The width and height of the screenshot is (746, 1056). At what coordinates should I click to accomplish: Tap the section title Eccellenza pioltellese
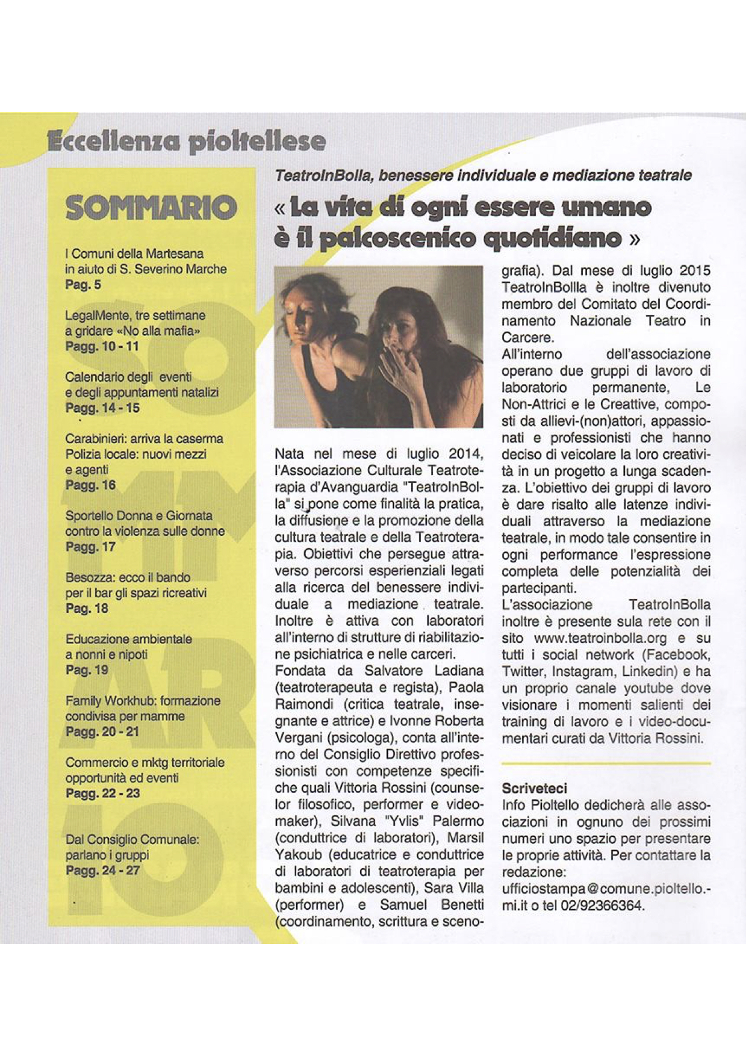coord(187,142)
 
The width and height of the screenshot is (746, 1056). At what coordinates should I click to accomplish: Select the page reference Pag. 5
coord(83,285)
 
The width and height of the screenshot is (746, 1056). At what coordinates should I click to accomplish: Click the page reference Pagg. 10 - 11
coord(102,346)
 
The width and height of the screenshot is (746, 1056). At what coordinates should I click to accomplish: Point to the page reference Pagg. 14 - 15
coord(102,408)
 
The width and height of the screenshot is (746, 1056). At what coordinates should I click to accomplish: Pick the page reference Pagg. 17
coord(90,547)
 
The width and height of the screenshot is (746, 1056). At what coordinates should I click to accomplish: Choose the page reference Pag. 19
coord(87,669)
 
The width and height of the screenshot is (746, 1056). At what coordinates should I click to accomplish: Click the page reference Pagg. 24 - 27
coord(102,870)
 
